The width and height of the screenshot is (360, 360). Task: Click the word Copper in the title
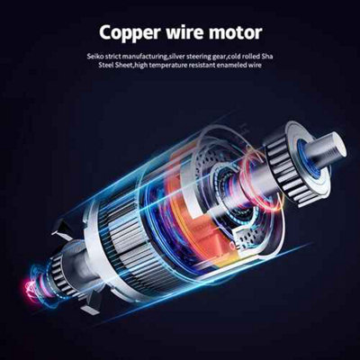click(130, 33)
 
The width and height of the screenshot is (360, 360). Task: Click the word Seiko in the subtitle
click(93, 56)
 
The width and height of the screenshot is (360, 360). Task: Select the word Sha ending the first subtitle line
click(267, 56)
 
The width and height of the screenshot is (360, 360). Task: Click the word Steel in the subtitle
click(106, 65)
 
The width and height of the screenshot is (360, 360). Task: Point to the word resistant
click(201, 65)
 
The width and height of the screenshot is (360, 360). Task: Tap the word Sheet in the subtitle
click(122, 65)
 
